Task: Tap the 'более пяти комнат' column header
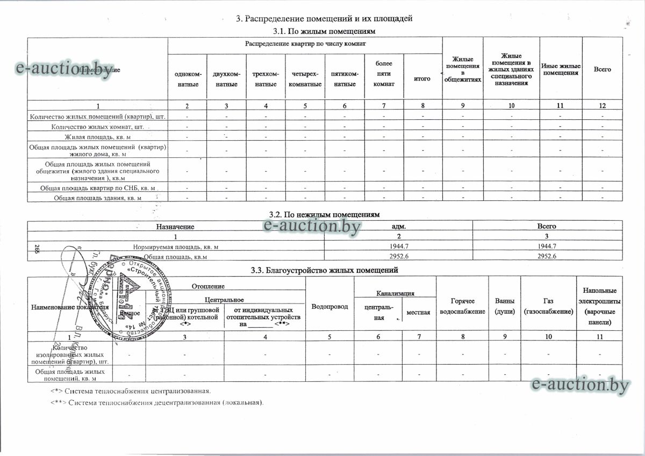384,74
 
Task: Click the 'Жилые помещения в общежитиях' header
462,70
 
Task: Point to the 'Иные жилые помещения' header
560,69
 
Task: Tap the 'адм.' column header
398,226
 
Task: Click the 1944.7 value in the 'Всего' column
547,247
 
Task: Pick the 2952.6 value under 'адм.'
398,257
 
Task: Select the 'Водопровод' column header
329,306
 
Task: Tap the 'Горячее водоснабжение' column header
462,307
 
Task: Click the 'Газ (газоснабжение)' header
548,306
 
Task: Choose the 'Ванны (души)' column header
504,306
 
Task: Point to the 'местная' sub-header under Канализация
419,312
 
